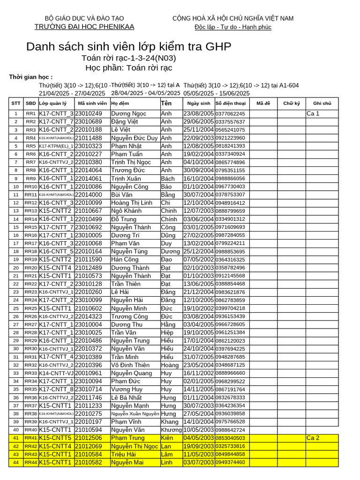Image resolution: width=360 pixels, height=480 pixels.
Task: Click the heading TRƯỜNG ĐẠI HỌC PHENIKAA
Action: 84,27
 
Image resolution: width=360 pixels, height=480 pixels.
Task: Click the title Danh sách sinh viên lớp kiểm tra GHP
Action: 128,47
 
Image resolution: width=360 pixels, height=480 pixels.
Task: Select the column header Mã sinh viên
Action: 92,103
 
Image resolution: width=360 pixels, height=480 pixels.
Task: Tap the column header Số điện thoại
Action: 230,103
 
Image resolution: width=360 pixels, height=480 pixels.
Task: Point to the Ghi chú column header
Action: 322,103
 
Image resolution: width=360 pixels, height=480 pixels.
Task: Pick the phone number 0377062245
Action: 230,114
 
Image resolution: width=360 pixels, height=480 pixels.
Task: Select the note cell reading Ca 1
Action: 313,113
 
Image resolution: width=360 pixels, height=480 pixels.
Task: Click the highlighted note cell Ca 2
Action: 313,438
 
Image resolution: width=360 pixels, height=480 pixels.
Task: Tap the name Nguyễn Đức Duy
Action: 135,138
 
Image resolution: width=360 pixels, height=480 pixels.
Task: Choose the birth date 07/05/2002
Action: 199,259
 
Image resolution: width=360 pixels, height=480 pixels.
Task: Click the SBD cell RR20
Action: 30,268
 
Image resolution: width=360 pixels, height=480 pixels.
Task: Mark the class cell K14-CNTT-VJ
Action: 56,373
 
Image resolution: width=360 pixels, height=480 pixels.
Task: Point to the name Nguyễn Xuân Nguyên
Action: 135,414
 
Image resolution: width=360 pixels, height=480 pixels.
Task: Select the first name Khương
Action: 171,430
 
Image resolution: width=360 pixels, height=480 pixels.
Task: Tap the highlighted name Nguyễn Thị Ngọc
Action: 135,446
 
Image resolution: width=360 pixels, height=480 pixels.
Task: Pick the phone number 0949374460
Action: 230,463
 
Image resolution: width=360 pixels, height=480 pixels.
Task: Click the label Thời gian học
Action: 31,77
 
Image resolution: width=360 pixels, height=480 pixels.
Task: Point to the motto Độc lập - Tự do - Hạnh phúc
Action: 233,27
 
